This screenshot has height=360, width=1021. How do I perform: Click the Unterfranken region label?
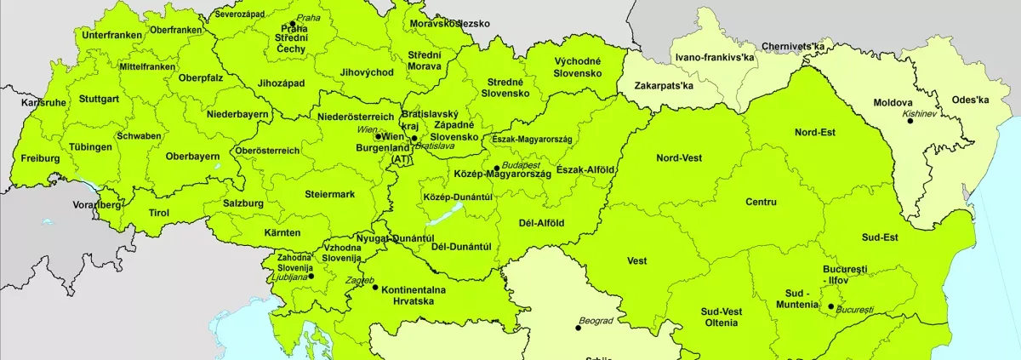[110, 35]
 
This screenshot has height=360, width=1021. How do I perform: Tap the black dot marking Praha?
[293, 24]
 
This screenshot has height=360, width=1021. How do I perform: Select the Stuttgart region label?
[99, 99]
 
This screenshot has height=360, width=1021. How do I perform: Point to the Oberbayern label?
[193, 156]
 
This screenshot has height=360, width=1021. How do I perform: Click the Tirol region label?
[159, 213]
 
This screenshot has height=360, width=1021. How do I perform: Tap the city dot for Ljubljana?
[311, 276]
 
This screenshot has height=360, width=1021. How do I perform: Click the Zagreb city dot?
[375, 288]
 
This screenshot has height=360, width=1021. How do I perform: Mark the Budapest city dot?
[496, 169]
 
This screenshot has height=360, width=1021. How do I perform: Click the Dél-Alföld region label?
[541, 223]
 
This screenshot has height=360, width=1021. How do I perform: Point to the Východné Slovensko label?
[579, 67]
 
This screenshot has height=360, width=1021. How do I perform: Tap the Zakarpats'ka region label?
[665, 86]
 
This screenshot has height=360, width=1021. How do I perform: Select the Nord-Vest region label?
[679, 157]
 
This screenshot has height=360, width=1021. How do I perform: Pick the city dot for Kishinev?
[910, 121]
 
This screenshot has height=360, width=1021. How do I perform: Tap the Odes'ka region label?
[971, 100]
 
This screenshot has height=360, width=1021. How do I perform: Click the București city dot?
[830, 306]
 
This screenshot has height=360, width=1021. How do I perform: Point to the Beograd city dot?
[579, 328]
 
